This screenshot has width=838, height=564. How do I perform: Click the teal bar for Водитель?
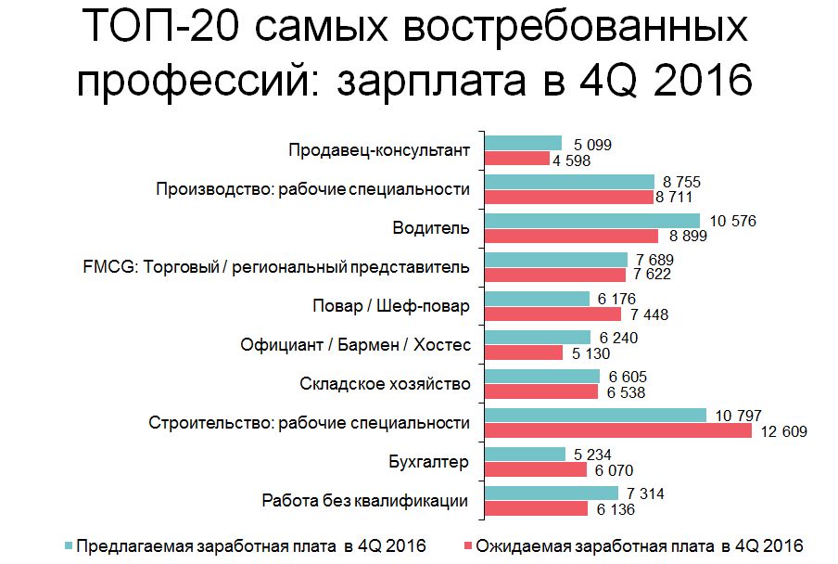594,221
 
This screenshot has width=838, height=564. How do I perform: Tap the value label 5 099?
593,144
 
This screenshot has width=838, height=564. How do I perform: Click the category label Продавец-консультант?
379,150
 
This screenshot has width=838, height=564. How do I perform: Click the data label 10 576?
732,221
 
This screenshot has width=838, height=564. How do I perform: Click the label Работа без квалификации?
364,501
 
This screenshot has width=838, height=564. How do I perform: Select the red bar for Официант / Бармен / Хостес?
524,352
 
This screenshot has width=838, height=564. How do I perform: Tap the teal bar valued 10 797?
596,416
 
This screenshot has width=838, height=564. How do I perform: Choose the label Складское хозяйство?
385,384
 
